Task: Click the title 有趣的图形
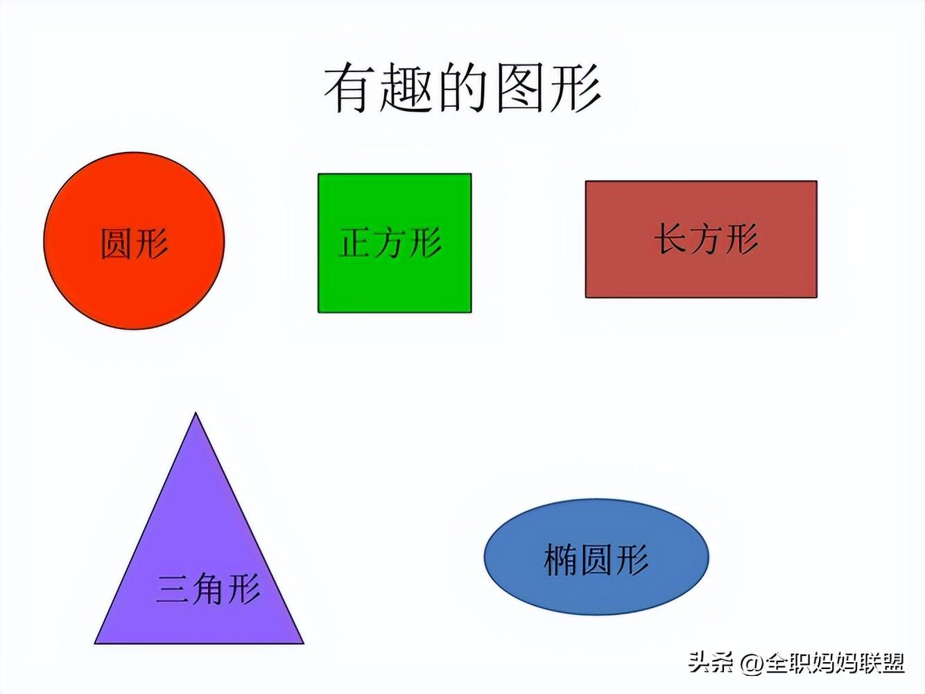point(462,87)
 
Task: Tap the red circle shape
point(134,241)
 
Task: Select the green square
point(395,244)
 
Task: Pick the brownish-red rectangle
point(701,239)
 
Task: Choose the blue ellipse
point(596,557)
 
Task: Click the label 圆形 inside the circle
point(135,244)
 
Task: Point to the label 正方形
point(390,242)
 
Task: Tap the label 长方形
point(706,238)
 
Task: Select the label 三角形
point(208,589)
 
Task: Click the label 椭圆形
point(596,559)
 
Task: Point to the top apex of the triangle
point(196,413)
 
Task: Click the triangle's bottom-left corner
point(95,643)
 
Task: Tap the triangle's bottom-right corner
point(303,643)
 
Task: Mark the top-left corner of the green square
point(318,173)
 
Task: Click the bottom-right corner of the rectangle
point(817,297)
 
